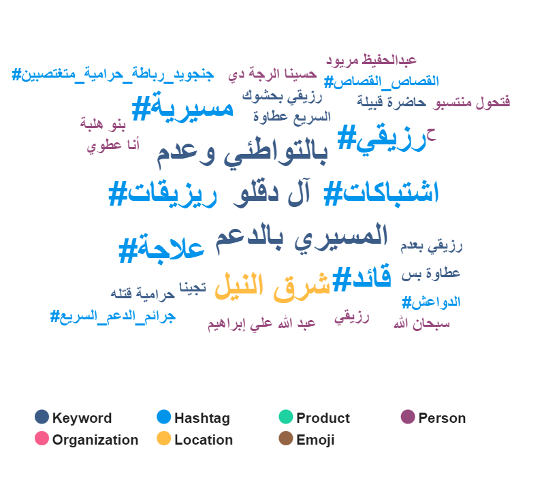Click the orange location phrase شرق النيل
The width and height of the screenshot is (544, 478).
click(272, 286)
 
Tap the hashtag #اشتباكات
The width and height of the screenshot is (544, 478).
click(381, 193)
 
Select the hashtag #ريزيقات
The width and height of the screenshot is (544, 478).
click(163, 194)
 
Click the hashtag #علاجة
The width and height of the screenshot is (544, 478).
click(161, 248)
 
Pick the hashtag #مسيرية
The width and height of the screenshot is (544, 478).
click(182, 107)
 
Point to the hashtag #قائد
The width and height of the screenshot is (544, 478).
click(362, 278)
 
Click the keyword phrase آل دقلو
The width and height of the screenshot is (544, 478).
click(272, 193)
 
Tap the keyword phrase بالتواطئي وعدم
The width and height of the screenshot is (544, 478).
click(242, 152)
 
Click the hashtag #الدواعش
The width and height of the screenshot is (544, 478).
click(431, 302)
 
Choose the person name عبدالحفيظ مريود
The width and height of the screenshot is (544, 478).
click(371, 60)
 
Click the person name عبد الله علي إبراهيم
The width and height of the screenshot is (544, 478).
click(261, 323)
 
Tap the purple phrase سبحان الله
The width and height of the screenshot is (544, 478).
click(421, 323)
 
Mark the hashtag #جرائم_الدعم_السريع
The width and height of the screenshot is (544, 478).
click(113, 317)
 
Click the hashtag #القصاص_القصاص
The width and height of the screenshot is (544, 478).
click(381, 82)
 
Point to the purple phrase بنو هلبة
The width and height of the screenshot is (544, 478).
click(103, 124)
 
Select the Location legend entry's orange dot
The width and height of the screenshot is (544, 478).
click(164, 438)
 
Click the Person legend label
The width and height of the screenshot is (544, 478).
click(442, 418)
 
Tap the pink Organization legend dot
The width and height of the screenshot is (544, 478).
click(42, 438)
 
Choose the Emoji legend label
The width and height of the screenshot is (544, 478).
click(315, 440)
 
